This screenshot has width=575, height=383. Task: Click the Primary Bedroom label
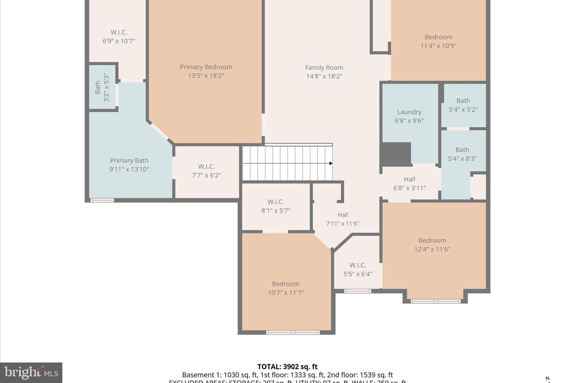[x=206, y=67]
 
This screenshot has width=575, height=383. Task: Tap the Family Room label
[x=324, y=68]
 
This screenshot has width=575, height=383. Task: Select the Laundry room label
[x=409, y=112]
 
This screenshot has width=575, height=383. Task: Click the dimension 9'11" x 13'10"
[x=129, y=169]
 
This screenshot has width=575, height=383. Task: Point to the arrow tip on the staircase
[x=331, y=163]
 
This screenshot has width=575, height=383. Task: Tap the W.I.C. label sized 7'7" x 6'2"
[x=206, y=166]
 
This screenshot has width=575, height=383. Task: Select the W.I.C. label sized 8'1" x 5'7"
[x=276, y=202]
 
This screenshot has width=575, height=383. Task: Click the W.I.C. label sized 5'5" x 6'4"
[x=357, y=265]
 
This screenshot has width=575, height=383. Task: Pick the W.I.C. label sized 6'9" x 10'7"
[x=119, y=32]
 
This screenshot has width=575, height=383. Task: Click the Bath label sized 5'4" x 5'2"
[x=463, y=101]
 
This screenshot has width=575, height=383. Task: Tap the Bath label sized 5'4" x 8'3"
[x=462, y=150]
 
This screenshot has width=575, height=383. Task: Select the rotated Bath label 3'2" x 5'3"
[x=98, y=87]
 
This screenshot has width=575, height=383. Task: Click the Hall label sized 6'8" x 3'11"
[x=409, y=180]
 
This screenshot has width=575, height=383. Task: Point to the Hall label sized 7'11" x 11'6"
[x=342, y=215]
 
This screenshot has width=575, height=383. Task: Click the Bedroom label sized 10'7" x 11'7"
[x=286, y=284]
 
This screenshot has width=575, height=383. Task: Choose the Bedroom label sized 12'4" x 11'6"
[x=432, y=241]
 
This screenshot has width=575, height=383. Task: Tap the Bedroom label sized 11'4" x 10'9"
[x=438, y=37]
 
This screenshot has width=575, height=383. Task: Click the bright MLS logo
[x=31, y=373]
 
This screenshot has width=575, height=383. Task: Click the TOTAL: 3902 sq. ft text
[x=287, y=367]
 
